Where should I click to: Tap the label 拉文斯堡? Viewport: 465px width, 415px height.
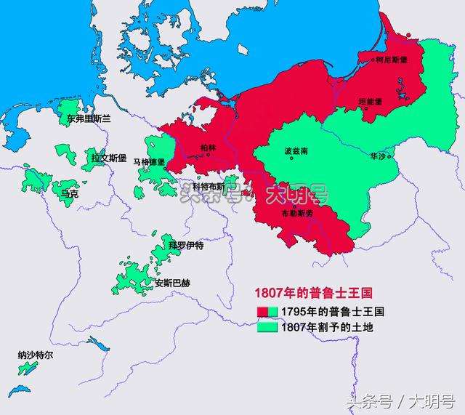108,157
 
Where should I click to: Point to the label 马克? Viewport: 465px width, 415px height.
70,195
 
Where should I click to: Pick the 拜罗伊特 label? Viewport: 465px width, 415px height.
186,245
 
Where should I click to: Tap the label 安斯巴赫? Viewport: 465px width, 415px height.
173,283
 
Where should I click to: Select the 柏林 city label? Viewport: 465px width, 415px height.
208,148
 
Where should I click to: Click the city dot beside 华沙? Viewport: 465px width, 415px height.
390,156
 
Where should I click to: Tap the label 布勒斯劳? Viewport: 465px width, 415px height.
296,213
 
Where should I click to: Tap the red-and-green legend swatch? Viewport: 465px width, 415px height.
267,311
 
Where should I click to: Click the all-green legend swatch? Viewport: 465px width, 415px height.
267,327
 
